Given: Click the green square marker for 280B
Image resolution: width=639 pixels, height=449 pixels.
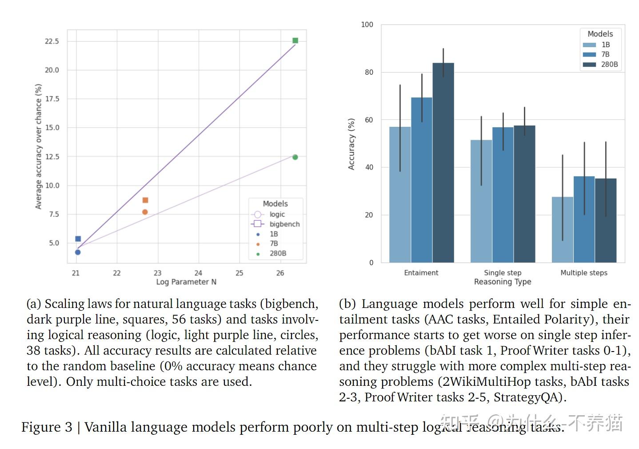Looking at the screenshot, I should [x=295, y=40].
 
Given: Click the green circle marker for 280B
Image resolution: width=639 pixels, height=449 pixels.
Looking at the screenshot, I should [x=295, y=157].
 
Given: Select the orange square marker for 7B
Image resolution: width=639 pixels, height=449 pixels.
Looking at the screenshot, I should [x=145, y=200].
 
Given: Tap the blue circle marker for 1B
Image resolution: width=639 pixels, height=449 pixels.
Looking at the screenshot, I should [x=78, y=252].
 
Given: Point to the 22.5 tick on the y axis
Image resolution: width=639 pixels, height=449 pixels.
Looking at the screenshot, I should [x=52, y=41].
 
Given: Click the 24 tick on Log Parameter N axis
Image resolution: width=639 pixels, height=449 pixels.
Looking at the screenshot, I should [x=198, y=273].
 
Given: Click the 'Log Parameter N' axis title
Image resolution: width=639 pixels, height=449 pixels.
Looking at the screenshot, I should [x=186, y=282].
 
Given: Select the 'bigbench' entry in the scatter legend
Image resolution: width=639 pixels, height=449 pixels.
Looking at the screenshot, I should [x=284, y=224].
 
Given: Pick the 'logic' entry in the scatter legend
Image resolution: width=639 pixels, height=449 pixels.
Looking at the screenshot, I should [x=277, y=214].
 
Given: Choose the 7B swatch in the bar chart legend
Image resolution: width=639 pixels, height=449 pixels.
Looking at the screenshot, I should [x=589, y=54].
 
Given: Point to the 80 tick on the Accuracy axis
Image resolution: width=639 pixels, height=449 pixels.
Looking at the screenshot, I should [x=369, y=72].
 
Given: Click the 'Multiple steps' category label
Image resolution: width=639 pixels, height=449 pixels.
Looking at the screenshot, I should [x=583, y=273].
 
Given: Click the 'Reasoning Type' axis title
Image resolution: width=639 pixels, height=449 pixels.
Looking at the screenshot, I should [x=502, y=282].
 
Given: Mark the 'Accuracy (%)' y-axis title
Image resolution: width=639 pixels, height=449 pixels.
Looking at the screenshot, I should [x=351, y=144].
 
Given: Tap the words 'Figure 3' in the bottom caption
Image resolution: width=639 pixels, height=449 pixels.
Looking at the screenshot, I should [x=47, y=427].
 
